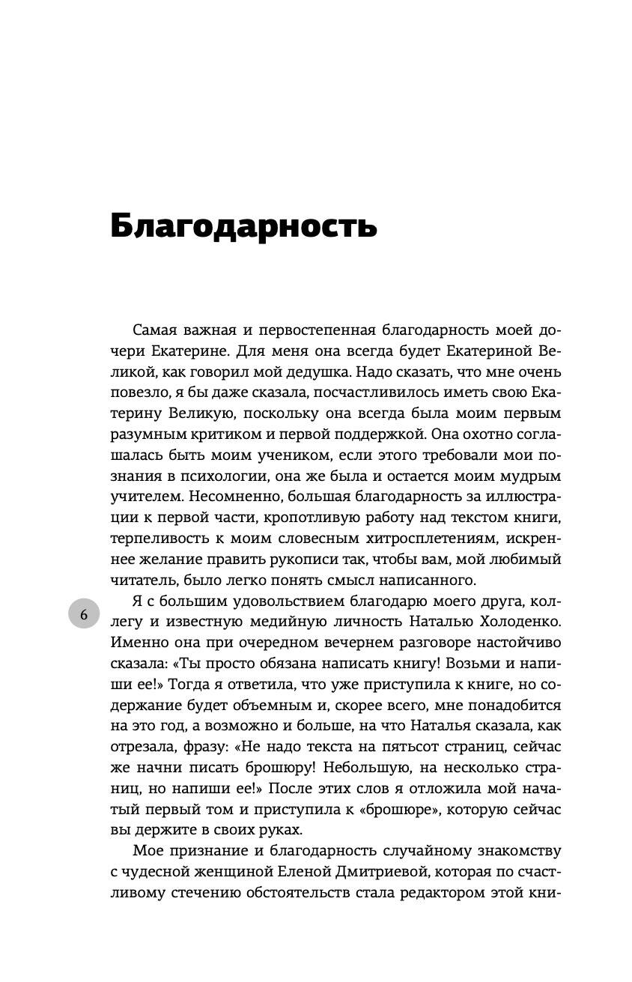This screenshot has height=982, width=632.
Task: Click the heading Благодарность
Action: [x=243, y=226]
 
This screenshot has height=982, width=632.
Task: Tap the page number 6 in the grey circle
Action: [x=84, y=614]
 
